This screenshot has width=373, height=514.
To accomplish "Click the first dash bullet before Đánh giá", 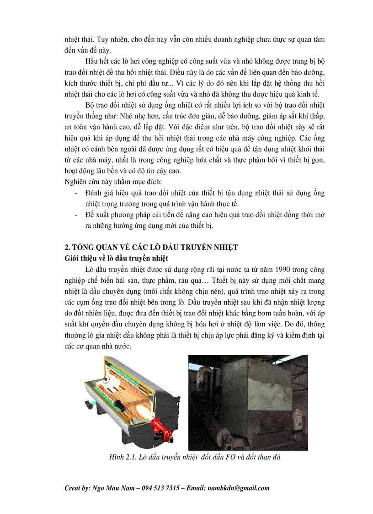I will coord(76,193).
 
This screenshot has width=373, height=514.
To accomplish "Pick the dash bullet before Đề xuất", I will coord(76,215).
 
